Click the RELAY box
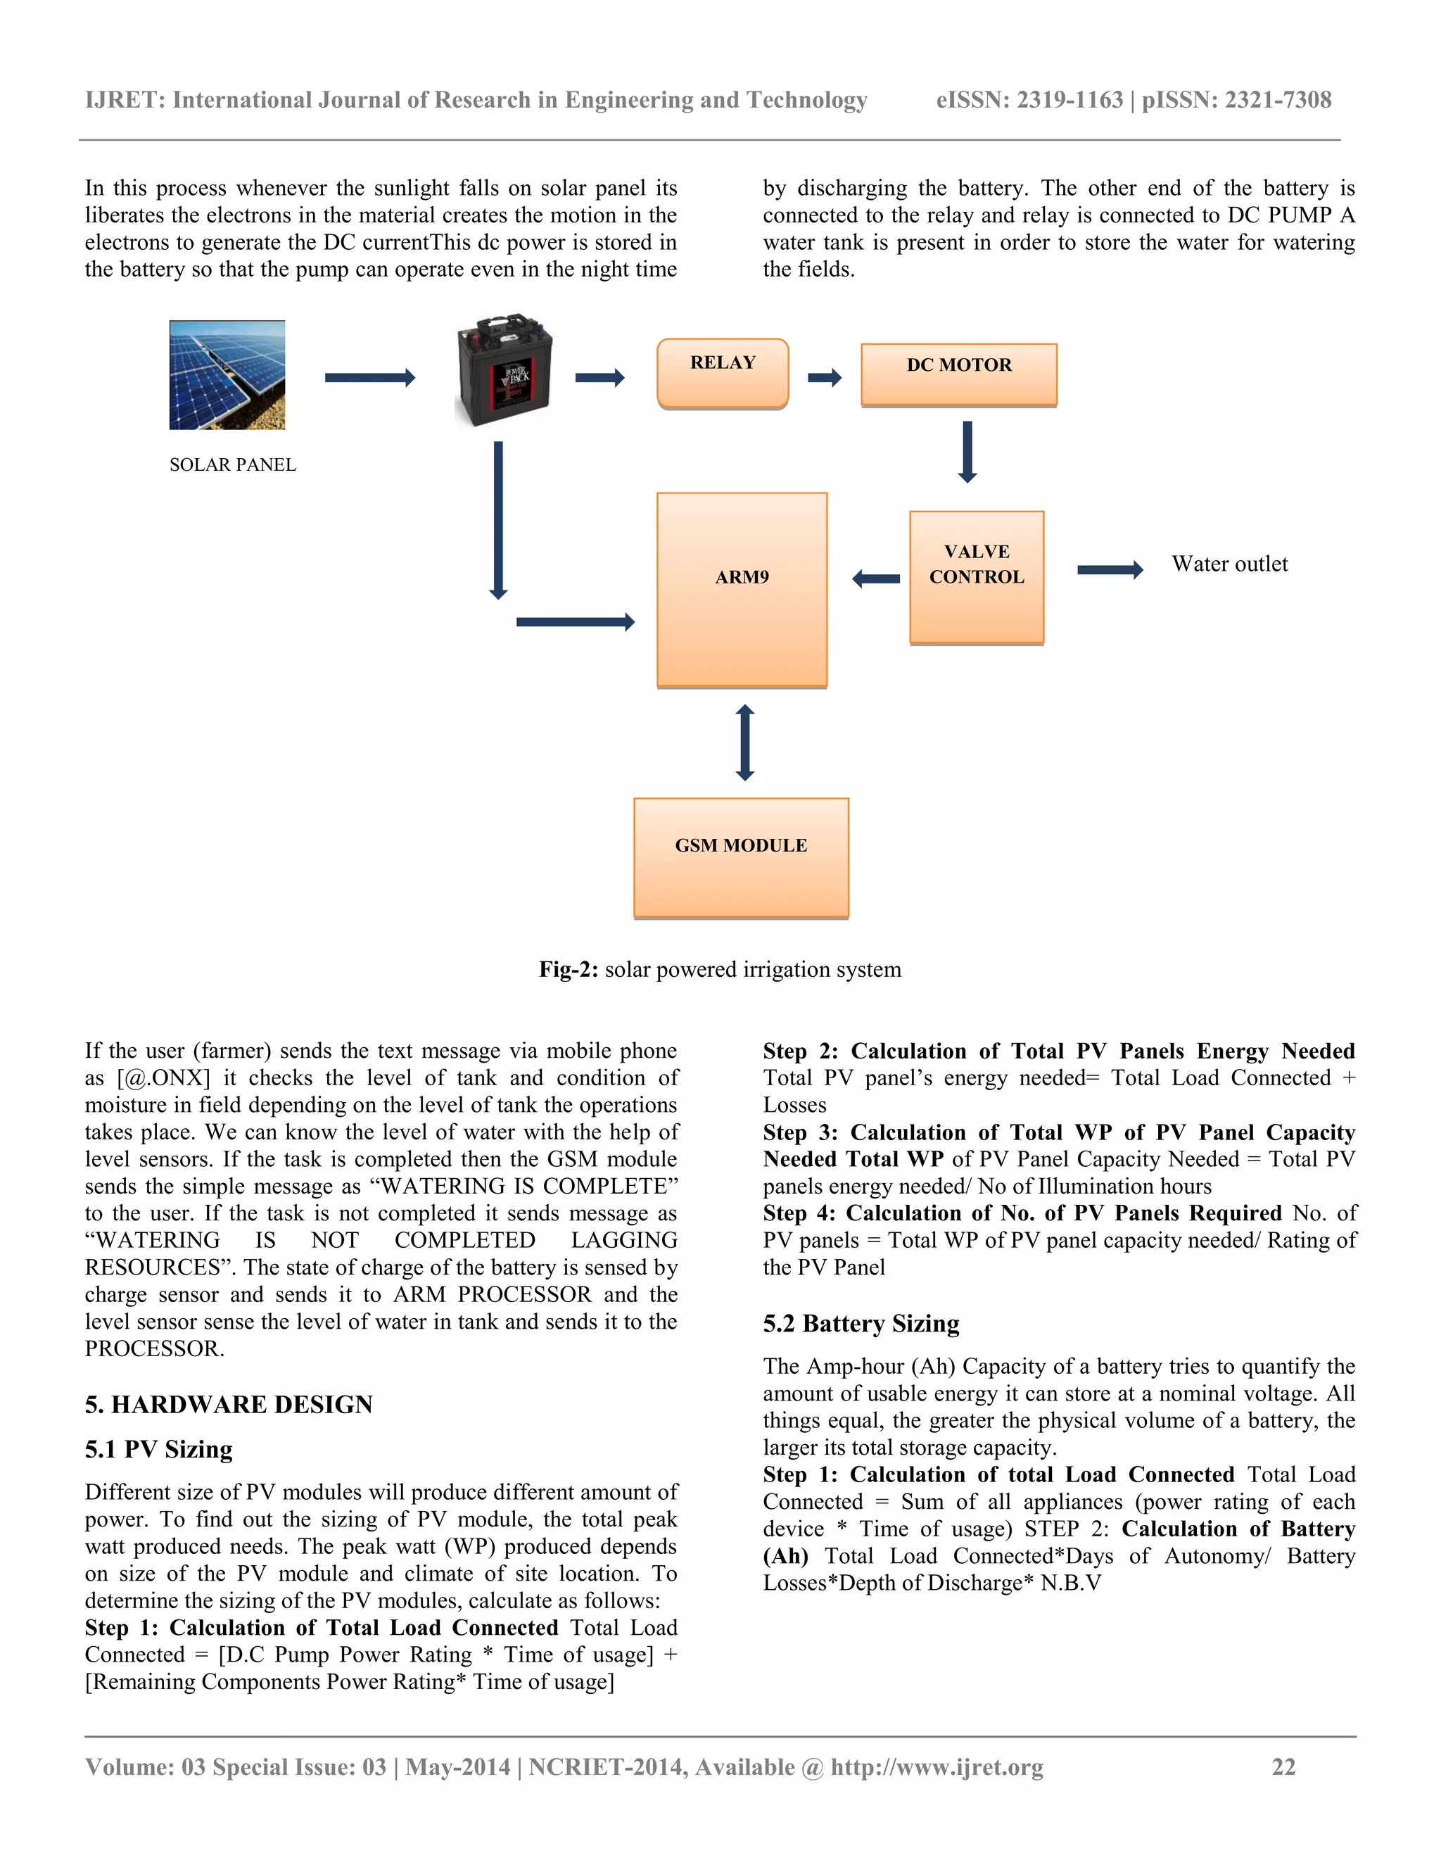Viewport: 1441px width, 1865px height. coord(722,373)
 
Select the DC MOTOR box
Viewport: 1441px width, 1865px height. coord(959,374)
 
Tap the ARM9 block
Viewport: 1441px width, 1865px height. coord(741,589)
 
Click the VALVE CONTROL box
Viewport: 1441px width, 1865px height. coord(977,576)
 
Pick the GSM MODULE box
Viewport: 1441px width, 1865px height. coord(740,857)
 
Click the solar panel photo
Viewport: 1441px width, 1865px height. coord(227,375)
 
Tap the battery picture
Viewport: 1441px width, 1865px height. coord(504,369)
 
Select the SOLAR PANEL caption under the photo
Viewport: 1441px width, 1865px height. coord(232,464)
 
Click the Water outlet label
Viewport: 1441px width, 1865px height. coord(1229,564)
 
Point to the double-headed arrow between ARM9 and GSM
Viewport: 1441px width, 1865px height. coord(744,742)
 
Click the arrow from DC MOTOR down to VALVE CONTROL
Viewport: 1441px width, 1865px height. coord(967,451)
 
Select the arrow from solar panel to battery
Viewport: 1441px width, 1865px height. coord(369,377)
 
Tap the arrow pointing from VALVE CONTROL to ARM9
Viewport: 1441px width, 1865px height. coord(876,579)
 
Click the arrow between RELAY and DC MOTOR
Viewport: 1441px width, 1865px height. coord(824,377)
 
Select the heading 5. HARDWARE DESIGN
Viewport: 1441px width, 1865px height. coord(229,1405)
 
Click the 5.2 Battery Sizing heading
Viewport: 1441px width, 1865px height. coord(861,1324)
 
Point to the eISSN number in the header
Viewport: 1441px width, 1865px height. coord(1029,100)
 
